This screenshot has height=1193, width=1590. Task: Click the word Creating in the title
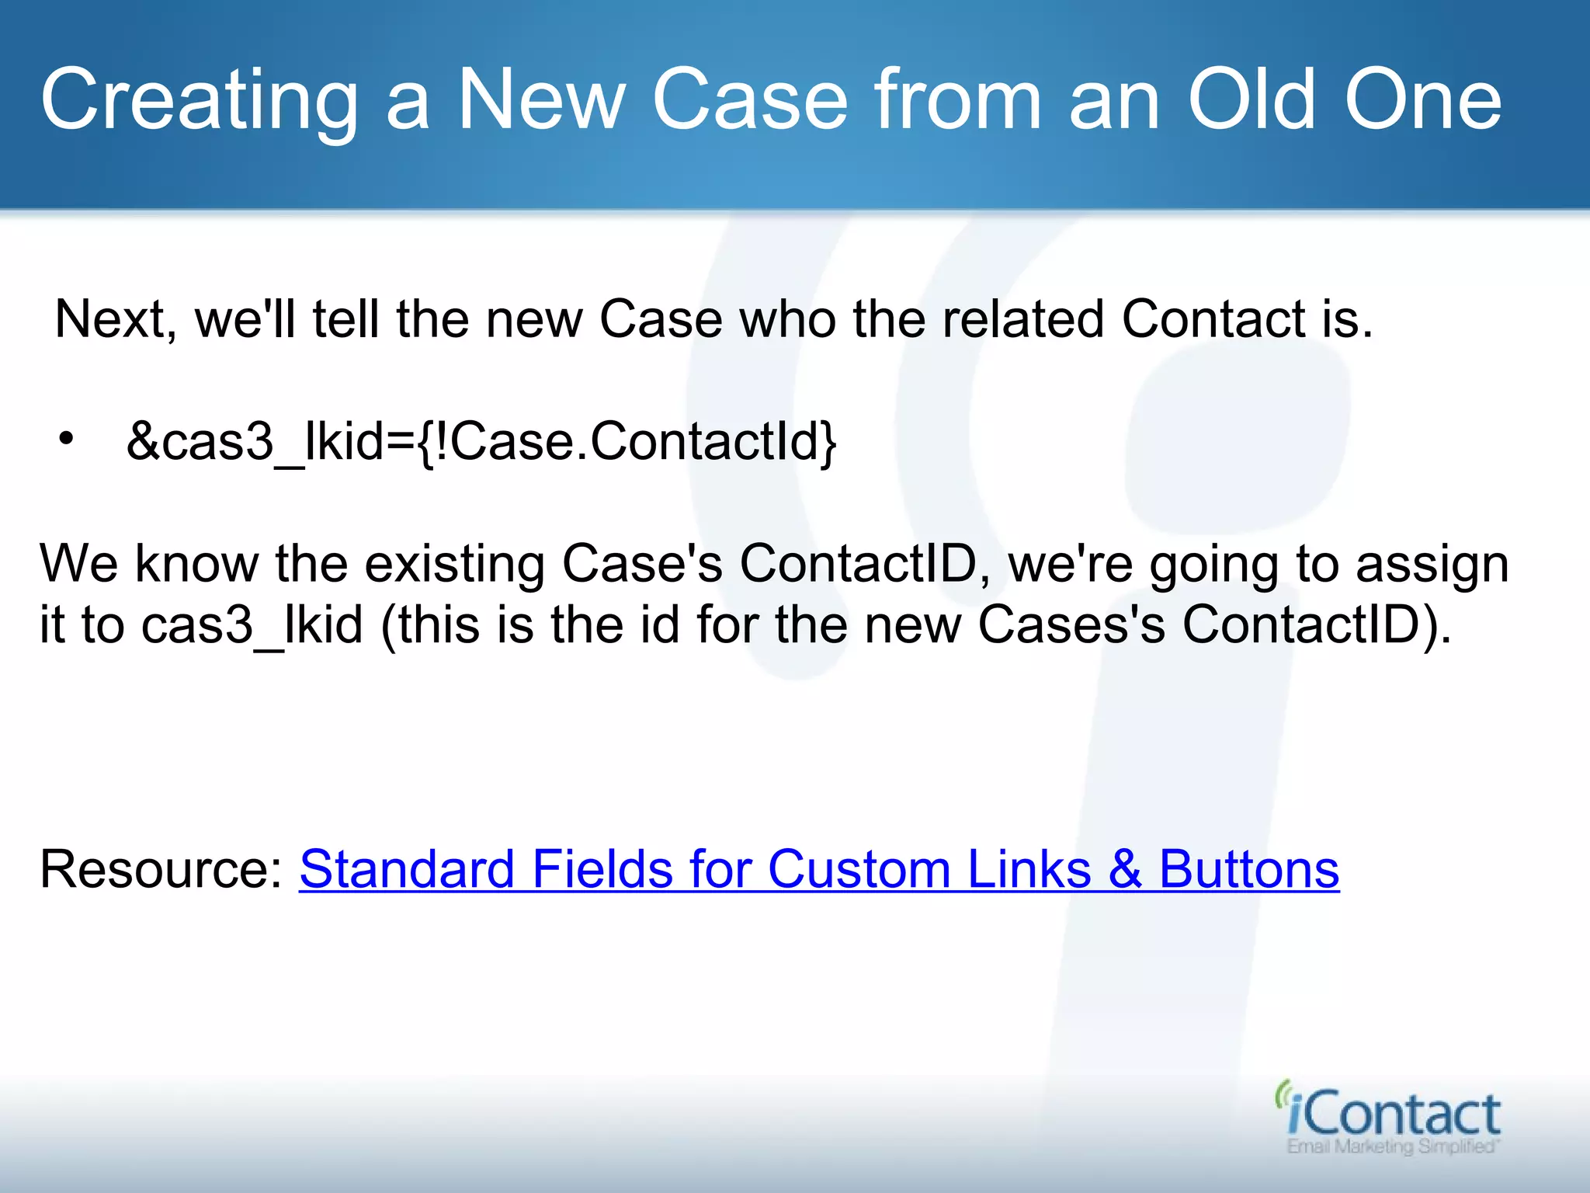click(199, 101)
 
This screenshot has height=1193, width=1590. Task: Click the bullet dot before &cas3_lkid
click(67, 440)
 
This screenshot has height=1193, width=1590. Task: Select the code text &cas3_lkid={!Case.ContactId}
click(481, 441)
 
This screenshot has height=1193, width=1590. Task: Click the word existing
click(455, 564)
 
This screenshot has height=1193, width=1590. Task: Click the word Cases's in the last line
click(1071, 624)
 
